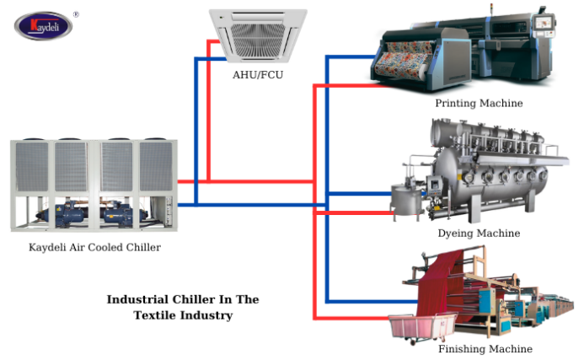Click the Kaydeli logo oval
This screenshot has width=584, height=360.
point(42,26)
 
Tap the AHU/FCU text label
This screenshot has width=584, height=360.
point(257,74)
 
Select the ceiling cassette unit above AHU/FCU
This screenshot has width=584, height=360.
point(258,36)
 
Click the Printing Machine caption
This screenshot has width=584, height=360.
point(479,104)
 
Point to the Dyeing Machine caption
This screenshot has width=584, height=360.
point(479,233)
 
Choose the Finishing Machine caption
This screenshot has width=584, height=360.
point(485,348)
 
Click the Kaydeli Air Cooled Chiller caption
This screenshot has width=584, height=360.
point(94,247)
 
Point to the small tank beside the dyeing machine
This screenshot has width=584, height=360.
point(404,200)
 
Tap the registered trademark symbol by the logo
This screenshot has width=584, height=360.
point(76,14)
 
